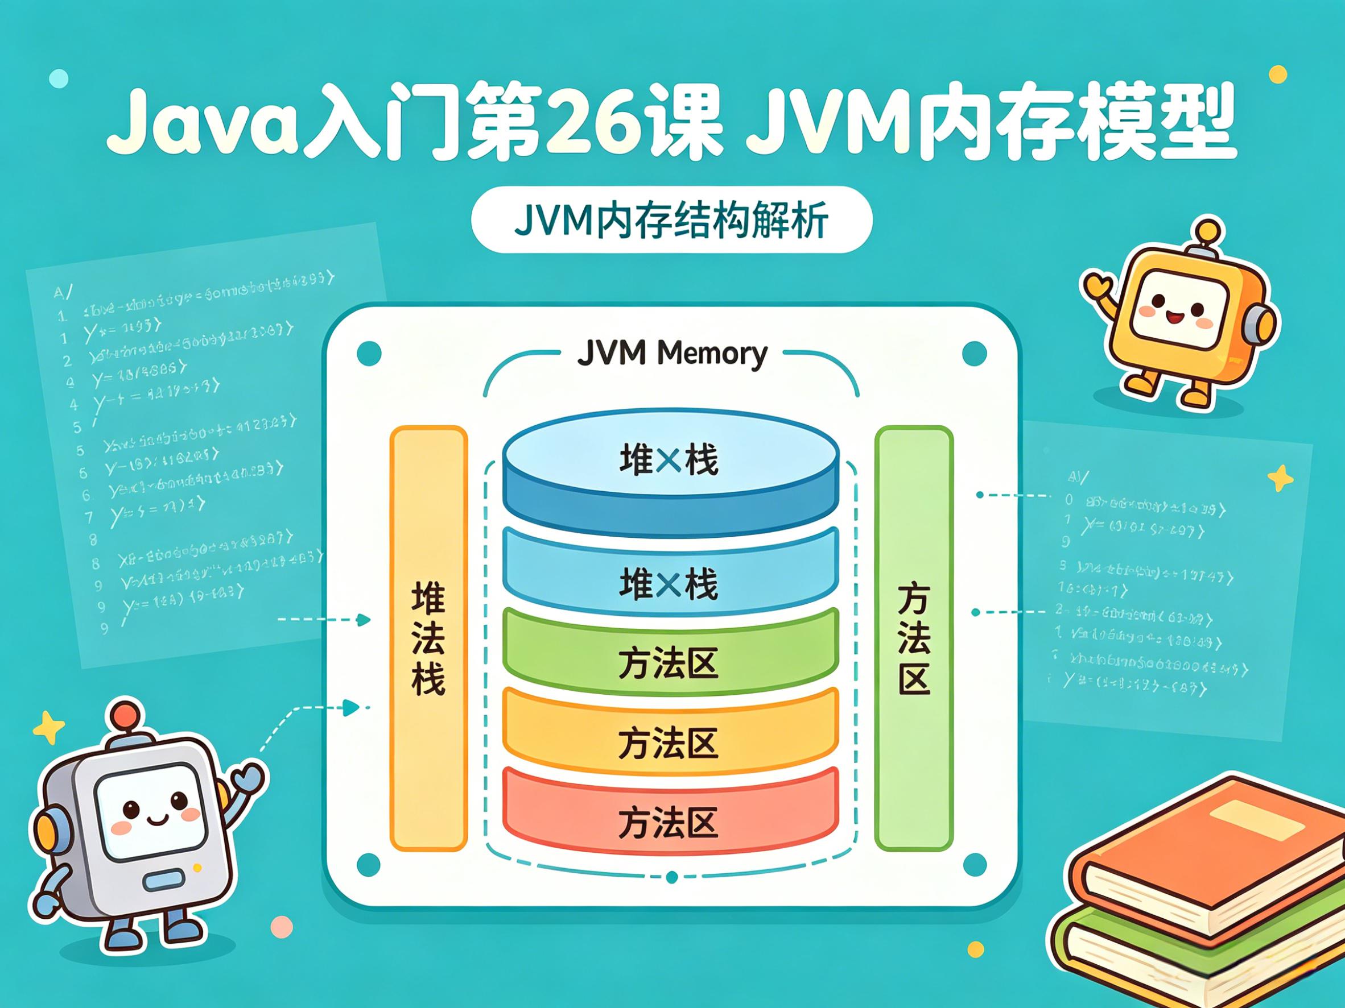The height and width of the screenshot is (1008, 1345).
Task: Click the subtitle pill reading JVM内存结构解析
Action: click(671, 219)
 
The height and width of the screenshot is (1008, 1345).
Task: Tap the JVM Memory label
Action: click(671, 353)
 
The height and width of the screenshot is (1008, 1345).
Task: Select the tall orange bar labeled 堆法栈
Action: click(428, 638)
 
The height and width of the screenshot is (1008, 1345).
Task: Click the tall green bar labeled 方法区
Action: click(913, 638)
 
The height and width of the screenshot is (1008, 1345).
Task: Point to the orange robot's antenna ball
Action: click(1207, 230)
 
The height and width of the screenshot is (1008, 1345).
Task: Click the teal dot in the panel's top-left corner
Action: click(369, 353)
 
